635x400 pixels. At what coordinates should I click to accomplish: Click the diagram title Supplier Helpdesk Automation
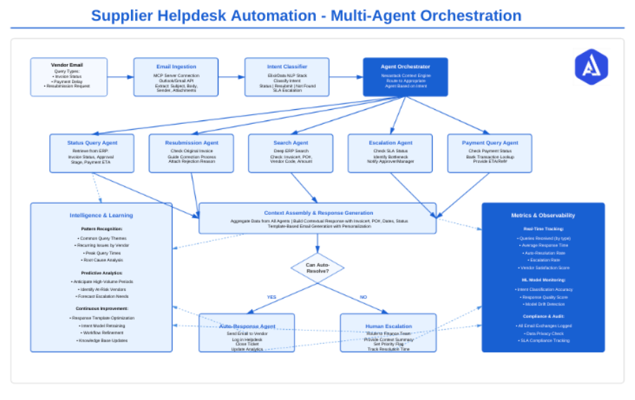(x=306, y=15)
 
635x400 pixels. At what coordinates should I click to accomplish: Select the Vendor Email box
(x=68, y=77)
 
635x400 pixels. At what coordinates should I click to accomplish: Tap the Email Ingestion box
(x=175, y=77)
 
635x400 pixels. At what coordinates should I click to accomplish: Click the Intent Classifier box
(x=287, y=77)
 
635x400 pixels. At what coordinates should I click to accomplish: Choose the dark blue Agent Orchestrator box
(x=405, y=77)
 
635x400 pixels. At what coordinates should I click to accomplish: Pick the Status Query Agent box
(x=92, y=153)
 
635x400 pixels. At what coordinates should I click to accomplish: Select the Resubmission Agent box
(x=192, y=153)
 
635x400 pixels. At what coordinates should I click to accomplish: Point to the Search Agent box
(x=291, y=153)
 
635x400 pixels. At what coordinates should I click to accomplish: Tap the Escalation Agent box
(x=391, y=153)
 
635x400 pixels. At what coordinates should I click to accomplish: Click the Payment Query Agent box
(x=490, y=153)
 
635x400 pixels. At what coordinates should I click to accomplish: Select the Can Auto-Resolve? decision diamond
(x=317, y=268)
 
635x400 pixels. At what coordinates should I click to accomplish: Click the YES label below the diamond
(x=271, y=297)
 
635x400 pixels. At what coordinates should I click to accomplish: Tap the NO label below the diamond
(x=363, y=297)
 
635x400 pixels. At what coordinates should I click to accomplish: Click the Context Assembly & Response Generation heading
(x=319, y=212)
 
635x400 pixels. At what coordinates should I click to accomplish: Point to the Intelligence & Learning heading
(x=101, y=215)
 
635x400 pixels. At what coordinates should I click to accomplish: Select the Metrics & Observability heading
(x=543, y=215)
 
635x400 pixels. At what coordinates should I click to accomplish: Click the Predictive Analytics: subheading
(x=101, y=273)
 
